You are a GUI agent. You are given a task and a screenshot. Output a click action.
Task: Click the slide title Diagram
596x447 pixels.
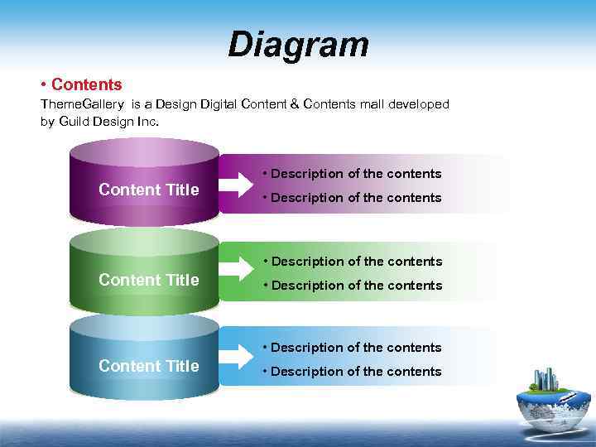point(298,45)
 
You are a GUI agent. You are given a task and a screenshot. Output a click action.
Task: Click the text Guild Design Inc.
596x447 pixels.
point(108,122)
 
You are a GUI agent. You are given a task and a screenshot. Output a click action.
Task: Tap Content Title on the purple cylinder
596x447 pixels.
point(149,190)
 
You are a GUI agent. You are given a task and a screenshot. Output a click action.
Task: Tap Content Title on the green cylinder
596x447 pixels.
point(149,280)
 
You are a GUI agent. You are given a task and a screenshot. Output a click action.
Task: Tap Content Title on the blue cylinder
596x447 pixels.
point(149,366)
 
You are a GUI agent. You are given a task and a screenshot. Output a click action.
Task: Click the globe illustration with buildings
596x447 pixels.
point(550,403)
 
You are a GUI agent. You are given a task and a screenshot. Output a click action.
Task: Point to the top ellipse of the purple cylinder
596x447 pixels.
point(144,152)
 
